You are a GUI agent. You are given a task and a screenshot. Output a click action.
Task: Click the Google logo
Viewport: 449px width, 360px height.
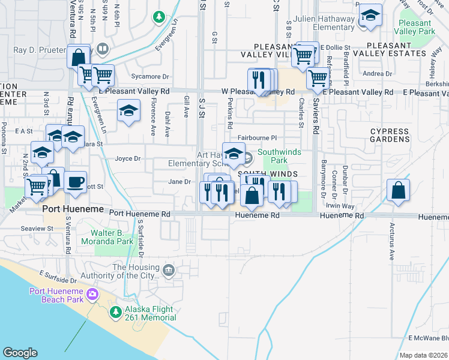point(20,353)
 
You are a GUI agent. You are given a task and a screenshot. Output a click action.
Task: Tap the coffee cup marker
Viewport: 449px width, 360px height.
point(75,183)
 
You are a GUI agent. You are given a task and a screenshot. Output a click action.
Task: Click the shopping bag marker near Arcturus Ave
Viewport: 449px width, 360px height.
point(399,191)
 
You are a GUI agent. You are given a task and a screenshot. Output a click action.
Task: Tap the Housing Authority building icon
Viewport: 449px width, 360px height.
point(169,272)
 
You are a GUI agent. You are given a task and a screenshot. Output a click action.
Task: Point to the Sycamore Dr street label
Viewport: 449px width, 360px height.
point(151,77)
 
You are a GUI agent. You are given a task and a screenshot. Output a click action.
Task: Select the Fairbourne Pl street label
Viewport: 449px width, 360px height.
point(256,137)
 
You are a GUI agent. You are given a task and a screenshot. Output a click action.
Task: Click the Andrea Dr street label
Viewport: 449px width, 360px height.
point(378,74)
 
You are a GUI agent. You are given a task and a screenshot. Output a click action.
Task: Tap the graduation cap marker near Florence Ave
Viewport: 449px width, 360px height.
point(128,112)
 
